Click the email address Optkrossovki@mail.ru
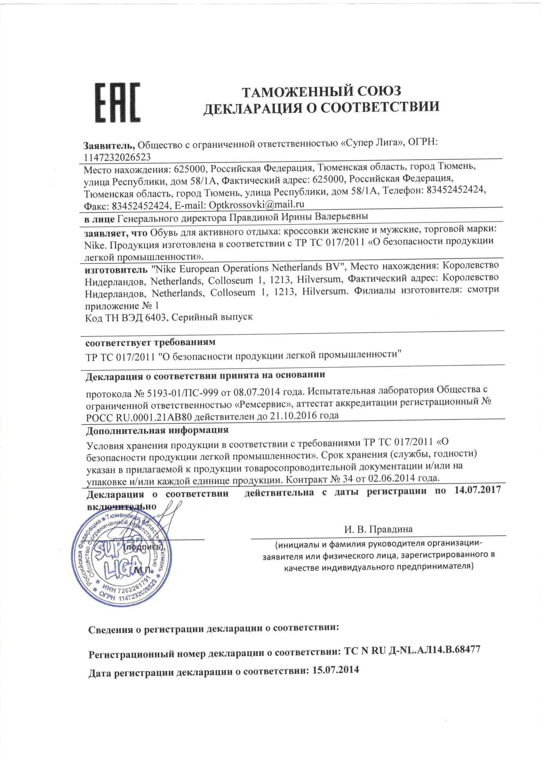(256, 205)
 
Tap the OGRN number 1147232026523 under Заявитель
(117, 157)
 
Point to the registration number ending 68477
(412, 650)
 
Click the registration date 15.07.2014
(336, 670)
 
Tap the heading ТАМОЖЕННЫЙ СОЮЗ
(321, 92)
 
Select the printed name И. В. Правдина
(378, 529)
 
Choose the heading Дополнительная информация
(157, 430)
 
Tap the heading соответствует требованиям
(150, 342)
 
